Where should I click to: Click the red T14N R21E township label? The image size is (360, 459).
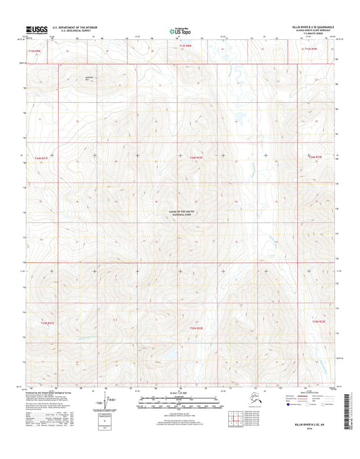click(x=41, y=158)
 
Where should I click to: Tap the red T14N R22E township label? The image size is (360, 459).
click(x=187, y=157)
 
